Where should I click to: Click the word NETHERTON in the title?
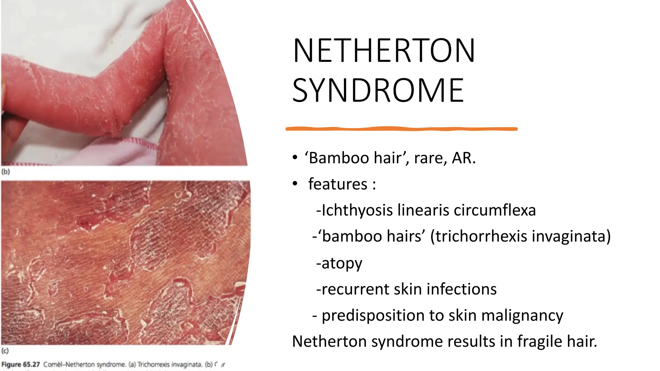(x=383, y=51)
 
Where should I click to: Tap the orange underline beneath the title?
(x=401, y=129)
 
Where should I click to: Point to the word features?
(x=337, y=184)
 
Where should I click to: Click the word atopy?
(x=342, y=263)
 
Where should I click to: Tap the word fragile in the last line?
(x=539, y=341)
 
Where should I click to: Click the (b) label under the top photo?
(x=6, y=172)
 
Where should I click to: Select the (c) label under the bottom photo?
(x=5, y=351)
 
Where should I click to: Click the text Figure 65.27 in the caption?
(x=21, y=365)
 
